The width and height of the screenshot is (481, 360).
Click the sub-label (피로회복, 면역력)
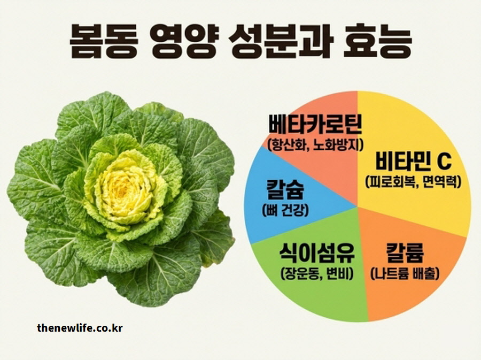click(x=413, y=181)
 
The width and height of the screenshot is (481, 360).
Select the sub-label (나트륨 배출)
click(x=405, y=274)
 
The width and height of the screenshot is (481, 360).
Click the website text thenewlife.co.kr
click(x=80, y=327)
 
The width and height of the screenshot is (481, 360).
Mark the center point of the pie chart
click(x=357, y=206)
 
